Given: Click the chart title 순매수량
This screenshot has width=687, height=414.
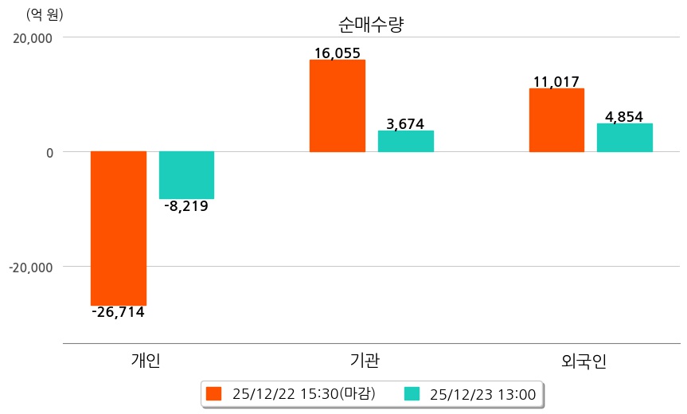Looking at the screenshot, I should pyautogui.click(x=371, y=25).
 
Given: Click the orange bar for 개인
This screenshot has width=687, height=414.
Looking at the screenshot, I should pyautogui.click(x=119, y=228).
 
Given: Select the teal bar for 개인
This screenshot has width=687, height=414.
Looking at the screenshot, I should pyautogui.click(x=186, y=174).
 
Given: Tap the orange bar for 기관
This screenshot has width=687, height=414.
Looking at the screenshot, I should pyautogui.click(x=337, y=105).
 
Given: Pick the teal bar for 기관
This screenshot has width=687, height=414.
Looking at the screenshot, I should pyautogui.click(x=405, y=141).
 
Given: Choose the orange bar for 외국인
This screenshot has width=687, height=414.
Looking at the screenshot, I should pyautogui.click(x=556, y=119).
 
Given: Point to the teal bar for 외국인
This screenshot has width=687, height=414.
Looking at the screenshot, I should pyautogui.click(x=624, y=137).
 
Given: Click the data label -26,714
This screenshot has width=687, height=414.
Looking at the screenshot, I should pyautogui.click(x=118, y=312).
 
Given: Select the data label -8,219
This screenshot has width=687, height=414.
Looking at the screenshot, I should pyautogui.click(x=185, y=206).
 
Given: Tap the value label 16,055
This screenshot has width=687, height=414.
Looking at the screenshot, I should pyautogui.click(x=337, y=53).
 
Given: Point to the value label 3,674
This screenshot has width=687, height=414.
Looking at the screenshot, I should pyautogui.click(x=405, y=123).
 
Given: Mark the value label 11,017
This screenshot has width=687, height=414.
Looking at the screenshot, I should pyautogui.click(x=556, y=81).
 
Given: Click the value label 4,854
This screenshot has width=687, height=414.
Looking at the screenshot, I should pyautogui.click(x=624, y=116).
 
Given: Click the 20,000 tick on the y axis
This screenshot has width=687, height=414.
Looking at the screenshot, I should pyautogui.click(x=30, y=37).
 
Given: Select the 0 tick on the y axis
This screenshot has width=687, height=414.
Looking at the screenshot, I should pyautogui.click(x=48, y=152).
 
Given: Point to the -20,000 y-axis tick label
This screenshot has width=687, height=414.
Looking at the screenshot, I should pyautogui.click(x=30, y=267).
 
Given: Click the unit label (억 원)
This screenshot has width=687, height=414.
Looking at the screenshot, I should pyautogui.click(x=45, y=14).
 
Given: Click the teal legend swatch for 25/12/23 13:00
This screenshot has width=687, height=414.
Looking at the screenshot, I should pyautogui.click(x=412, y=393).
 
